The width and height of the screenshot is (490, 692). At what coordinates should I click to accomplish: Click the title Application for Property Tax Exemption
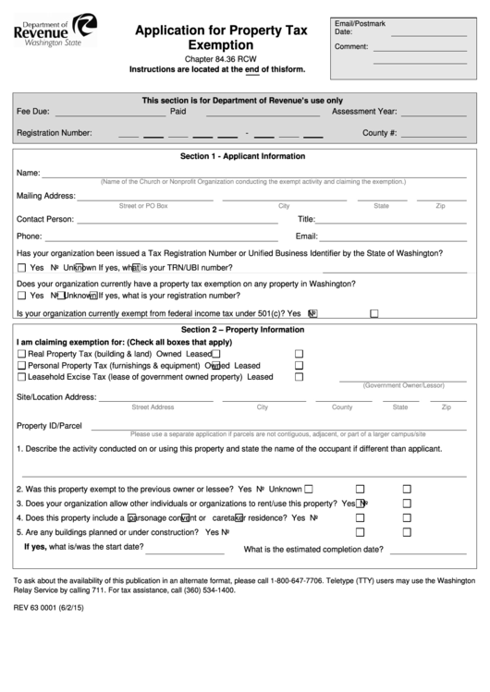point(220,37)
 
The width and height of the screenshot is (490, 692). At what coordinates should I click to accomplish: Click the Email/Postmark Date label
point(360,26)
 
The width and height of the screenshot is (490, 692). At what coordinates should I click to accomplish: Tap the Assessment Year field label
point(364,111)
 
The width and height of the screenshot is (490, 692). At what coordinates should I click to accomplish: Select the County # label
point(379,133)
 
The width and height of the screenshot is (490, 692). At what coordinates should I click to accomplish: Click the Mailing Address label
point(45,196)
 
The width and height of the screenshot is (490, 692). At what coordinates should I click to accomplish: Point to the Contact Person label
point(45,220)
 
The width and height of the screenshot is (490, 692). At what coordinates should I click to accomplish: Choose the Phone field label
point(29,237)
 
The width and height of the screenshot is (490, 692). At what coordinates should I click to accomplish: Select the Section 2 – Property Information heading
point(243,330)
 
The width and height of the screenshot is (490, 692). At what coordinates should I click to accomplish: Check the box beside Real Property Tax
point(22,354)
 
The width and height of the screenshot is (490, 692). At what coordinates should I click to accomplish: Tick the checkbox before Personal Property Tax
point(22,366)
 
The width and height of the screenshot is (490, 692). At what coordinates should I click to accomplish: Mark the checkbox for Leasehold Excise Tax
point(22,377)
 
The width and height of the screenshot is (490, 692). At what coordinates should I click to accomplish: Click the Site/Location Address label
point(56,397)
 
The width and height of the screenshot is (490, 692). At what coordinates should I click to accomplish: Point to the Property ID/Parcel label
point(50,426)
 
